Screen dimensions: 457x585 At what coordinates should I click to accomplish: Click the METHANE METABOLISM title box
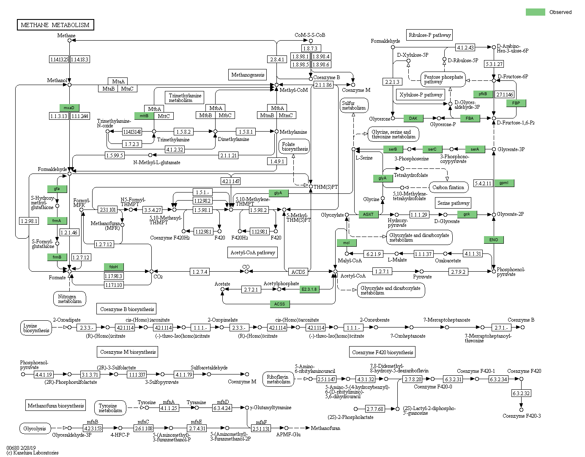click(55, 25)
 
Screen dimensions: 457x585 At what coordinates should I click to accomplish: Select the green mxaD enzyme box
click(69, 107)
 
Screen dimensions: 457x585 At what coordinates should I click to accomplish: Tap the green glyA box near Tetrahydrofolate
click(383, 178)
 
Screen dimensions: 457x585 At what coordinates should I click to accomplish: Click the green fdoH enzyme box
click(114, 267)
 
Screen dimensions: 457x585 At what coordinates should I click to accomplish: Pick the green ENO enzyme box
click(494, 240)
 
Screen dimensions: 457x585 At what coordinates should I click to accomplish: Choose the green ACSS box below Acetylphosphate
click(279, 304)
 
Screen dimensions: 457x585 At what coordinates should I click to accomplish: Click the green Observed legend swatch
click(535, 12)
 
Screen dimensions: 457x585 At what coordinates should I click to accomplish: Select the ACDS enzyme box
click(298, 272)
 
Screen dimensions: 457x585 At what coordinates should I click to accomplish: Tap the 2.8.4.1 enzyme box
click(277, 59)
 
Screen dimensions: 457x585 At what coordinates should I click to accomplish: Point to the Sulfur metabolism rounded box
click(354, 105)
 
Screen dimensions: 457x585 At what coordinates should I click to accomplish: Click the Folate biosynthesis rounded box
click(295, 146)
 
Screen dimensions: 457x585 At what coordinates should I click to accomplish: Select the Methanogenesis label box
click(248, 75)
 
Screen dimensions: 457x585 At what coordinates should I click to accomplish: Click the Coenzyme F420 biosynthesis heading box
click(383, 352)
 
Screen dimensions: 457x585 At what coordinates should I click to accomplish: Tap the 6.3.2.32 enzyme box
click(521, 393)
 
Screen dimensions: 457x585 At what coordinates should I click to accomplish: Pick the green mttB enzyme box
click(144, 116)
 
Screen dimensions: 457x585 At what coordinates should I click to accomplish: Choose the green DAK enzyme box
click(413, 118)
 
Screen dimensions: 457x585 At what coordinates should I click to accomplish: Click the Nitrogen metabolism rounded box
click(70, 299)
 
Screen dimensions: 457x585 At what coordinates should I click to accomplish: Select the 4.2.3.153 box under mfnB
click(93, 428)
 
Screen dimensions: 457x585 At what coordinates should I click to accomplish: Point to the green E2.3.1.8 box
click(309, 289)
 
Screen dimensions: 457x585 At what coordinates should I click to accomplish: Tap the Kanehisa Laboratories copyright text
click(33, 452)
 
